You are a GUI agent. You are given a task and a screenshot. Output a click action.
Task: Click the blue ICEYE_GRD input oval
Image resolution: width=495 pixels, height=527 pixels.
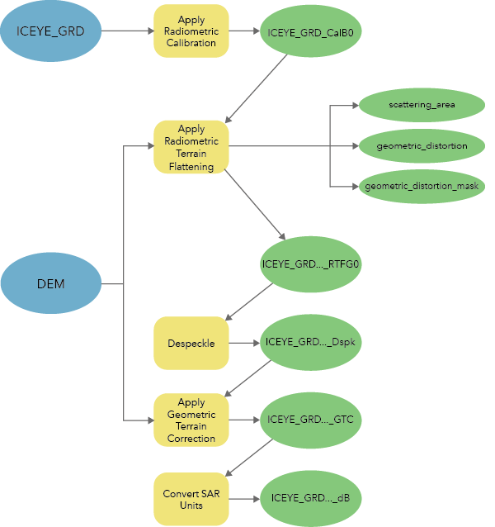(51, 31)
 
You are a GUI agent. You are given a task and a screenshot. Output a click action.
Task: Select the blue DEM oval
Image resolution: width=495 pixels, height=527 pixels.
(51, 284)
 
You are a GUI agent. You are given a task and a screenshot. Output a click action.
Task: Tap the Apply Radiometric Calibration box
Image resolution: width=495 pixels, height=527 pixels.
(191, 31)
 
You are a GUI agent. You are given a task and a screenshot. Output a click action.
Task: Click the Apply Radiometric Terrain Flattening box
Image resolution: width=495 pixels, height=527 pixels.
(191, 147)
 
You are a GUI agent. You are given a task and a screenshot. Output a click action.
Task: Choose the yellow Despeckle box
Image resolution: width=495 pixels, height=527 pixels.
(191, 342)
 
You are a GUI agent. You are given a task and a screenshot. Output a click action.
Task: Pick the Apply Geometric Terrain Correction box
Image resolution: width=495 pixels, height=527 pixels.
(191, 420)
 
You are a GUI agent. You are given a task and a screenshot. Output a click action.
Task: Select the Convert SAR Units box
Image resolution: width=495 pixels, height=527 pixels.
(191, 499)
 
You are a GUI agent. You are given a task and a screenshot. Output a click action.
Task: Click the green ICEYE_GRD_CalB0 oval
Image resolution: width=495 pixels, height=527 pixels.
(311, 32)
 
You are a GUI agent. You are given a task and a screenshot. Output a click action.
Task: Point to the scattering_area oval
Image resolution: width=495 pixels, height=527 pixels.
(422, 105)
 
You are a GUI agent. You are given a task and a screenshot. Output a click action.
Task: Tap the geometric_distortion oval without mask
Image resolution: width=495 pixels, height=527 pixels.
(422, 146)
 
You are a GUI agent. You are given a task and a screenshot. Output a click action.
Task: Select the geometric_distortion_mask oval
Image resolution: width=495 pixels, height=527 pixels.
(422, 187)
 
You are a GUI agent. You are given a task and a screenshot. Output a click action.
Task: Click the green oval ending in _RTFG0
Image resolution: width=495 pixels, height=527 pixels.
(311, 264)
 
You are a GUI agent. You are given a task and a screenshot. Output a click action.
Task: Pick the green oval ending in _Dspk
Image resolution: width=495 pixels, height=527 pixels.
(311, 342)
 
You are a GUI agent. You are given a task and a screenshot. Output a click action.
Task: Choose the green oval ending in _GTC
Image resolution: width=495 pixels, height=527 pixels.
(311, 420)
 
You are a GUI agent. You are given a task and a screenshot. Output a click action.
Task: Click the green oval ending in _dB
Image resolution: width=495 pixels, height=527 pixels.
(311, 499)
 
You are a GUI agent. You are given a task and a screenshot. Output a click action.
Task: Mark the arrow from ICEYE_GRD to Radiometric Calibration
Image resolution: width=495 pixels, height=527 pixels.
(127, 31)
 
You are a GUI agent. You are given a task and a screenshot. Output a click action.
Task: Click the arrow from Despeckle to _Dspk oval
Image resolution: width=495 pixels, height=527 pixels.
(243, 342)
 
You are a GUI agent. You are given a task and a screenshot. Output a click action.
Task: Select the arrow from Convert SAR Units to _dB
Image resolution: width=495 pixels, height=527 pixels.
(243, 499)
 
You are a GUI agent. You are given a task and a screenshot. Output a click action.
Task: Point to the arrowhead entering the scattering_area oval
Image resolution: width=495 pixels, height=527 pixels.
(355, 105)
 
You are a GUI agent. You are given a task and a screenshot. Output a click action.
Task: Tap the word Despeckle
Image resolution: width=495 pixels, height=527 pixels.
(191, 342)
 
